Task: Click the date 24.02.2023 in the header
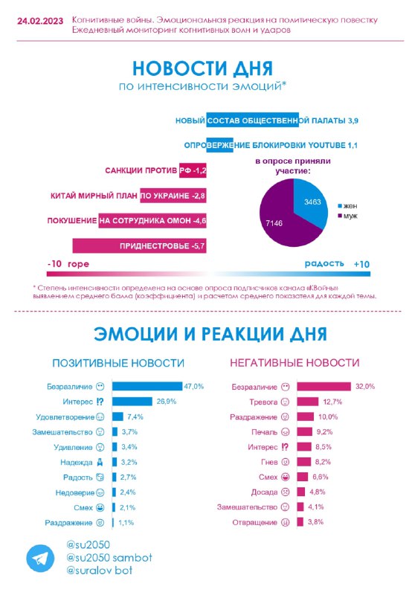click(40, 21)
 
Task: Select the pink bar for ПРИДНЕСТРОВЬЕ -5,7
click(139, 246)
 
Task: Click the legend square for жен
click(340, 206)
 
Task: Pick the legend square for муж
click(340, 216)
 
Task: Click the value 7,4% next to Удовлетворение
click(135, 417)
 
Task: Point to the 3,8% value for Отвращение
click(315, 522)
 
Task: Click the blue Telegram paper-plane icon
click(40, 559)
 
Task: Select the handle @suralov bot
click(100, 570)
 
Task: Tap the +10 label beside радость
click(361, 265)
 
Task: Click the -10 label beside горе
click(55, 264)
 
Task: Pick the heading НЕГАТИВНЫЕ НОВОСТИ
click(294, 363)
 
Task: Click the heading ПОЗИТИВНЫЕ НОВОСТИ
click(118, 363)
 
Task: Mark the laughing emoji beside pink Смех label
click(285, 477)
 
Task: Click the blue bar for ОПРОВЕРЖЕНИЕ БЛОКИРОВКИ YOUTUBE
click(219, 145)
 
